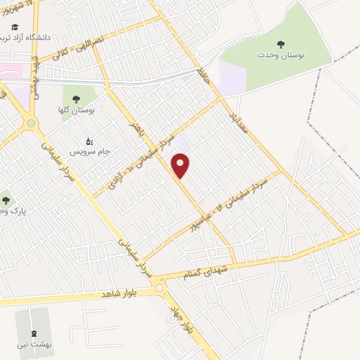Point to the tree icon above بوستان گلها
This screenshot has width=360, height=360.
[x=76, y=99]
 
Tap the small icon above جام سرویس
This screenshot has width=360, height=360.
[x=88, y=140]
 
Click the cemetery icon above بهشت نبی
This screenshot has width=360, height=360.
[x=33, y=333]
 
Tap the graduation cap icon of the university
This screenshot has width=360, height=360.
[x=15, y=26]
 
